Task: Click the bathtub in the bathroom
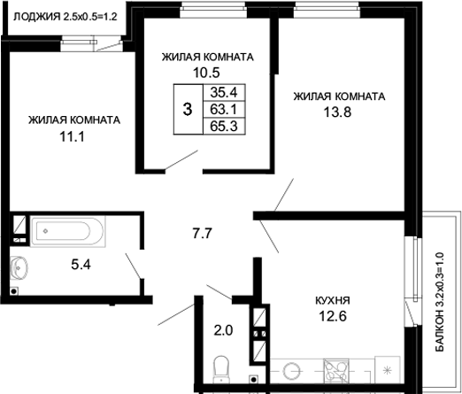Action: click(68, 233)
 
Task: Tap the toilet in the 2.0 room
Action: click(223, 366)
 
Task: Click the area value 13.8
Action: click(339, 112)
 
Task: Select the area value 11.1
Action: click(73, 137)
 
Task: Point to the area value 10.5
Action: click(207, 73)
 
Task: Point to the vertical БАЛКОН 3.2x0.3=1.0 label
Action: click(439, 302)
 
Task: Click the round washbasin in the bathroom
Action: click(20, 265)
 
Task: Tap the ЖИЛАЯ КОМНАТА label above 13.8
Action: click(339, 97)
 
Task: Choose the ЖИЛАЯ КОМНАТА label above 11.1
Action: click(73, 120)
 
